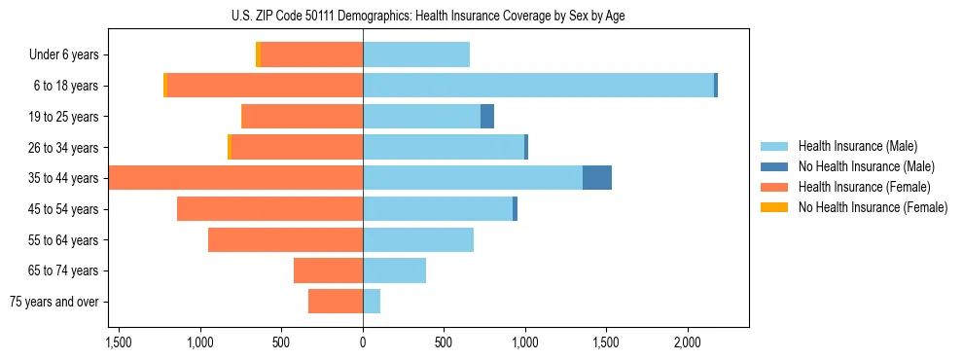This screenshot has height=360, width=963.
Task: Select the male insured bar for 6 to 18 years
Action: (538, 86)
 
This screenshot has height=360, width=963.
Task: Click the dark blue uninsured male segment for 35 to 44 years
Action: (596, 178)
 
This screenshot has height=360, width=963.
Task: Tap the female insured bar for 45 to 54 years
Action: (269, 209)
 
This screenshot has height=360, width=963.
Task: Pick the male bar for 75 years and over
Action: (372, 302)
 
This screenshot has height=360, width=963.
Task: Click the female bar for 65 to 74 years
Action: (328, 270)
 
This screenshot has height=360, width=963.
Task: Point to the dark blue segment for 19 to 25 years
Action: (487, 117)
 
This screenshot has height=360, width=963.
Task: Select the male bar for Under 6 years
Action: (416, 55)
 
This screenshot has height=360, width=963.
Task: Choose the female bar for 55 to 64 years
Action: (285, 240)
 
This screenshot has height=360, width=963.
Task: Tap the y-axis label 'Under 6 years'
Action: (64, 55)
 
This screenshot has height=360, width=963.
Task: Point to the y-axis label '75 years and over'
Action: (54, 302)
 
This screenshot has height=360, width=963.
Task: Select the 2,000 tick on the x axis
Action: (687, 342)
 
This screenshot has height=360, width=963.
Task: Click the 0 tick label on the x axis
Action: (363, 342)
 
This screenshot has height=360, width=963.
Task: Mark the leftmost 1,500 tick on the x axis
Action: (119, 342)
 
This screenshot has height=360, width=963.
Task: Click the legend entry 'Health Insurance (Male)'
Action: (857, 146)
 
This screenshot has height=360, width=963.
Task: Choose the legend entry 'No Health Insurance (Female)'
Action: (873, 207)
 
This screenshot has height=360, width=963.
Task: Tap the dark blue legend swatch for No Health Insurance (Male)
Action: (774, 166)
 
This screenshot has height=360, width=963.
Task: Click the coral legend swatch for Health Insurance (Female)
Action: (774, 187)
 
